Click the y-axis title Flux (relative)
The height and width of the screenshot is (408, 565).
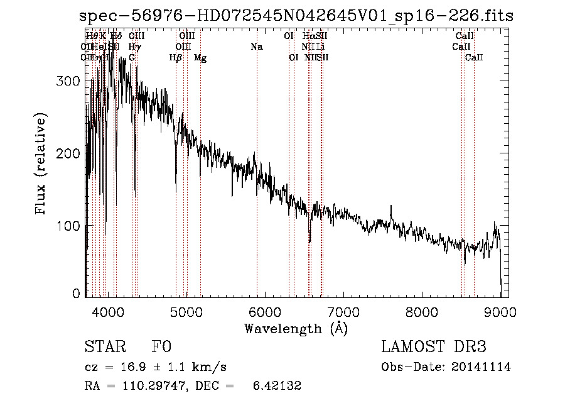[42, 165]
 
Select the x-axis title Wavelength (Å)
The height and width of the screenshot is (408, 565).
[296, 328]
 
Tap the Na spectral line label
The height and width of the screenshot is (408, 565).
[256, 47]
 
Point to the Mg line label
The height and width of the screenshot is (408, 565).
[200, 58]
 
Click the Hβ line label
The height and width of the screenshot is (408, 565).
[176, 58]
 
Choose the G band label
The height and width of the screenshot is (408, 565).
[132, 58]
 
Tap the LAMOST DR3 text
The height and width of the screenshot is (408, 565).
[434, 347]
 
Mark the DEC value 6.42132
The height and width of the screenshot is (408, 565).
[279, 386]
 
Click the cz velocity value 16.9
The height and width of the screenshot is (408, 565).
[125, 367]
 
